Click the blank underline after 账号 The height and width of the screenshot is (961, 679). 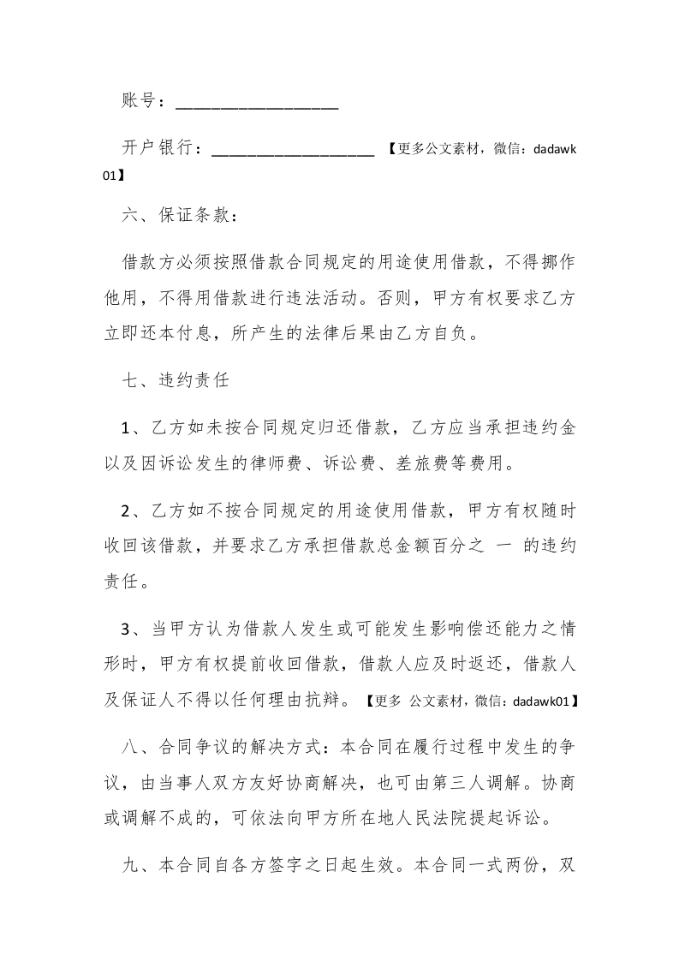pyautogui.click(x=257, y=106)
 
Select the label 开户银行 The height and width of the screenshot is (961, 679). pyautogui.click(x=160, y=149)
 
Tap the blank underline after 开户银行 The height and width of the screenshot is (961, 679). pyautogui.click(x=292, y=155)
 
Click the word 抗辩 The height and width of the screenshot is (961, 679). pyautogui.click(x=328, y=701)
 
